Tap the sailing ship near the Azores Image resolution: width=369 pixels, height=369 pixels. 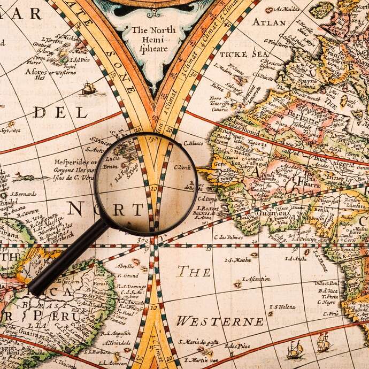(89, 88)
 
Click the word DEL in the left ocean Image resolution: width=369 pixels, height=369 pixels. (59, 112)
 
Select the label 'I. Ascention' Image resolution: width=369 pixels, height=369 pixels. (256, 279)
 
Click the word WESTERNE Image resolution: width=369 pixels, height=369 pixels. (220, 321)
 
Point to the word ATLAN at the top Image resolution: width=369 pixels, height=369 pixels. (269, 22)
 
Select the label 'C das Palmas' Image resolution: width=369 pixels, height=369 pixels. (229, 237)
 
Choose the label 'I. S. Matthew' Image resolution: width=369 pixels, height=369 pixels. (237, 260)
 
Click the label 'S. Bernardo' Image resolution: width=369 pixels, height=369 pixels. (22, 194)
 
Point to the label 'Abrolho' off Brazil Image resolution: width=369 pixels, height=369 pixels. (125, 266)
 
